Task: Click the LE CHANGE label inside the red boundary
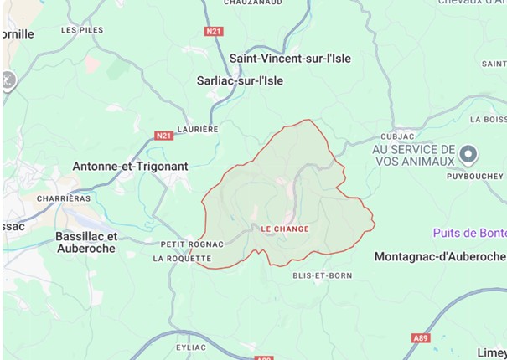pos(285,229)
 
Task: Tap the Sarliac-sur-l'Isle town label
pos(240,80)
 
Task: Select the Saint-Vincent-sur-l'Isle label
pos(290,59)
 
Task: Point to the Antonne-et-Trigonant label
pos(130,166)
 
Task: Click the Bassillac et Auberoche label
pos(86,243)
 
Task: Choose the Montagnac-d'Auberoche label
pos(440,255)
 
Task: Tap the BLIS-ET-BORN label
pos(322,275)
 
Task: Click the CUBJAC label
pos(397,136)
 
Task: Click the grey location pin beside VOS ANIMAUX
pos(469,154)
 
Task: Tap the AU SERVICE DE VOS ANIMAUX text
pos(413,154)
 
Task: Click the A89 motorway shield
pos(421,337)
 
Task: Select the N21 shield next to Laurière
pos(163,134)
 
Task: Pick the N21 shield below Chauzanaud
pos(214,31)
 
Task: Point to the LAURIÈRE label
pos(199,130)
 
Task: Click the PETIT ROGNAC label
pos(192,244)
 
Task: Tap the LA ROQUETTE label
pos(181,259)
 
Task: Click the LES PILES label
pos(82,30)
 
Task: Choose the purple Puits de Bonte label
pos(469,232)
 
